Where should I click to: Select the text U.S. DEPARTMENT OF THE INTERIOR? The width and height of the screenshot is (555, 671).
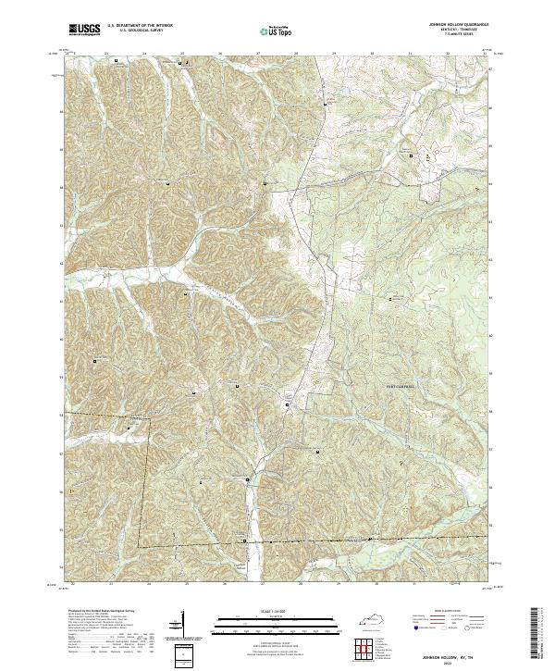[140, 27]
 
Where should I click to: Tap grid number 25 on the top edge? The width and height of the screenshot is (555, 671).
[182, 53]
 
